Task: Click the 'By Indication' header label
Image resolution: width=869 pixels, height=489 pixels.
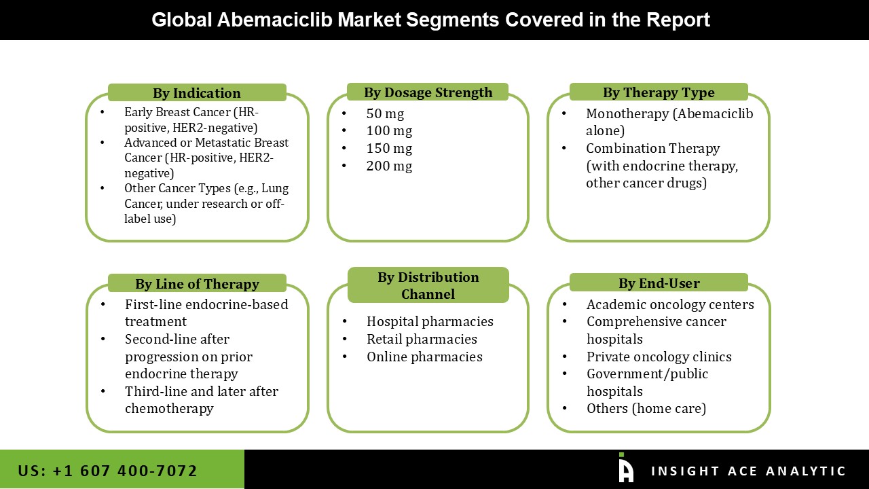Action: (x=197, y=93)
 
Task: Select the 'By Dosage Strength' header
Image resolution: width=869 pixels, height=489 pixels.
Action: (x=428, y=92)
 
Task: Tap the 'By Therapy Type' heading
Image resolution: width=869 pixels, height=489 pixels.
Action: (x=659, y=92)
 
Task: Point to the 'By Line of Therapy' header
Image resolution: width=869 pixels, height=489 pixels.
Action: (x=197, y=284)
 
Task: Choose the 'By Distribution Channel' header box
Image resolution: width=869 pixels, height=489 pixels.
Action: (x=428, y=285)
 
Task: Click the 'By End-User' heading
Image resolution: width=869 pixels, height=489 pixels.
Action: (x=659, y=283)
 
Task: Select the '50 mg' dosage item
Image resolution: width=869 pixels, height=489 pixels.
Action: (x=385, y=113)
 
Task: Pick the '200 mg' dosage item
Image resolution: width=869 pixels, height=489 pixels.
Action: (x=389, y=166)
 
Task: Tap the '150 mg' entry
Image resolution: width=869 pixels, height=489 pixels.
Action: (x=389, y=148)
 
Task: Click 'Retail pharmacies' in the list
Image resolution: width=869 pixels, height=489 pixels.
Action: (x=422, y=339)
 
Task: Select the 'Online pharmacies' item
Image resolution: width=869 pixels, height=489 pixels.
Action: (x=424, y=357)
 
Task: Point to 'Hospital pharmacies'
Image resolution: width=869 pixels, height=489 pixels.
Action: (x=430, y=321)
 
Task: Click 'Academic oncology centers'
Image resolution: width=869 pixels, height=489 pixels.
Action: (x=670, y=304)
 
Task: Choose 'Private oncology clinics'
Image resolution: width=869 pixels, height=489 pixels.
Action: (x=659, y=357)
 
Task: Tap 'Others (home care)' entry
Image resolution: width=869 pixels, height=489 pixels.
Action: (x=646, y=408)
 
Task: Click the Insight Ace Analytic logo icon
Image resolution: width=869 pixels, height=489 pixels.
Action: (x=626, y=468)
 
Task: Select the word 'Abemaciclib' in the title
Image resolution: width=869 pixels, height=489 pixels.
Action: (x=274, y=20)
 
